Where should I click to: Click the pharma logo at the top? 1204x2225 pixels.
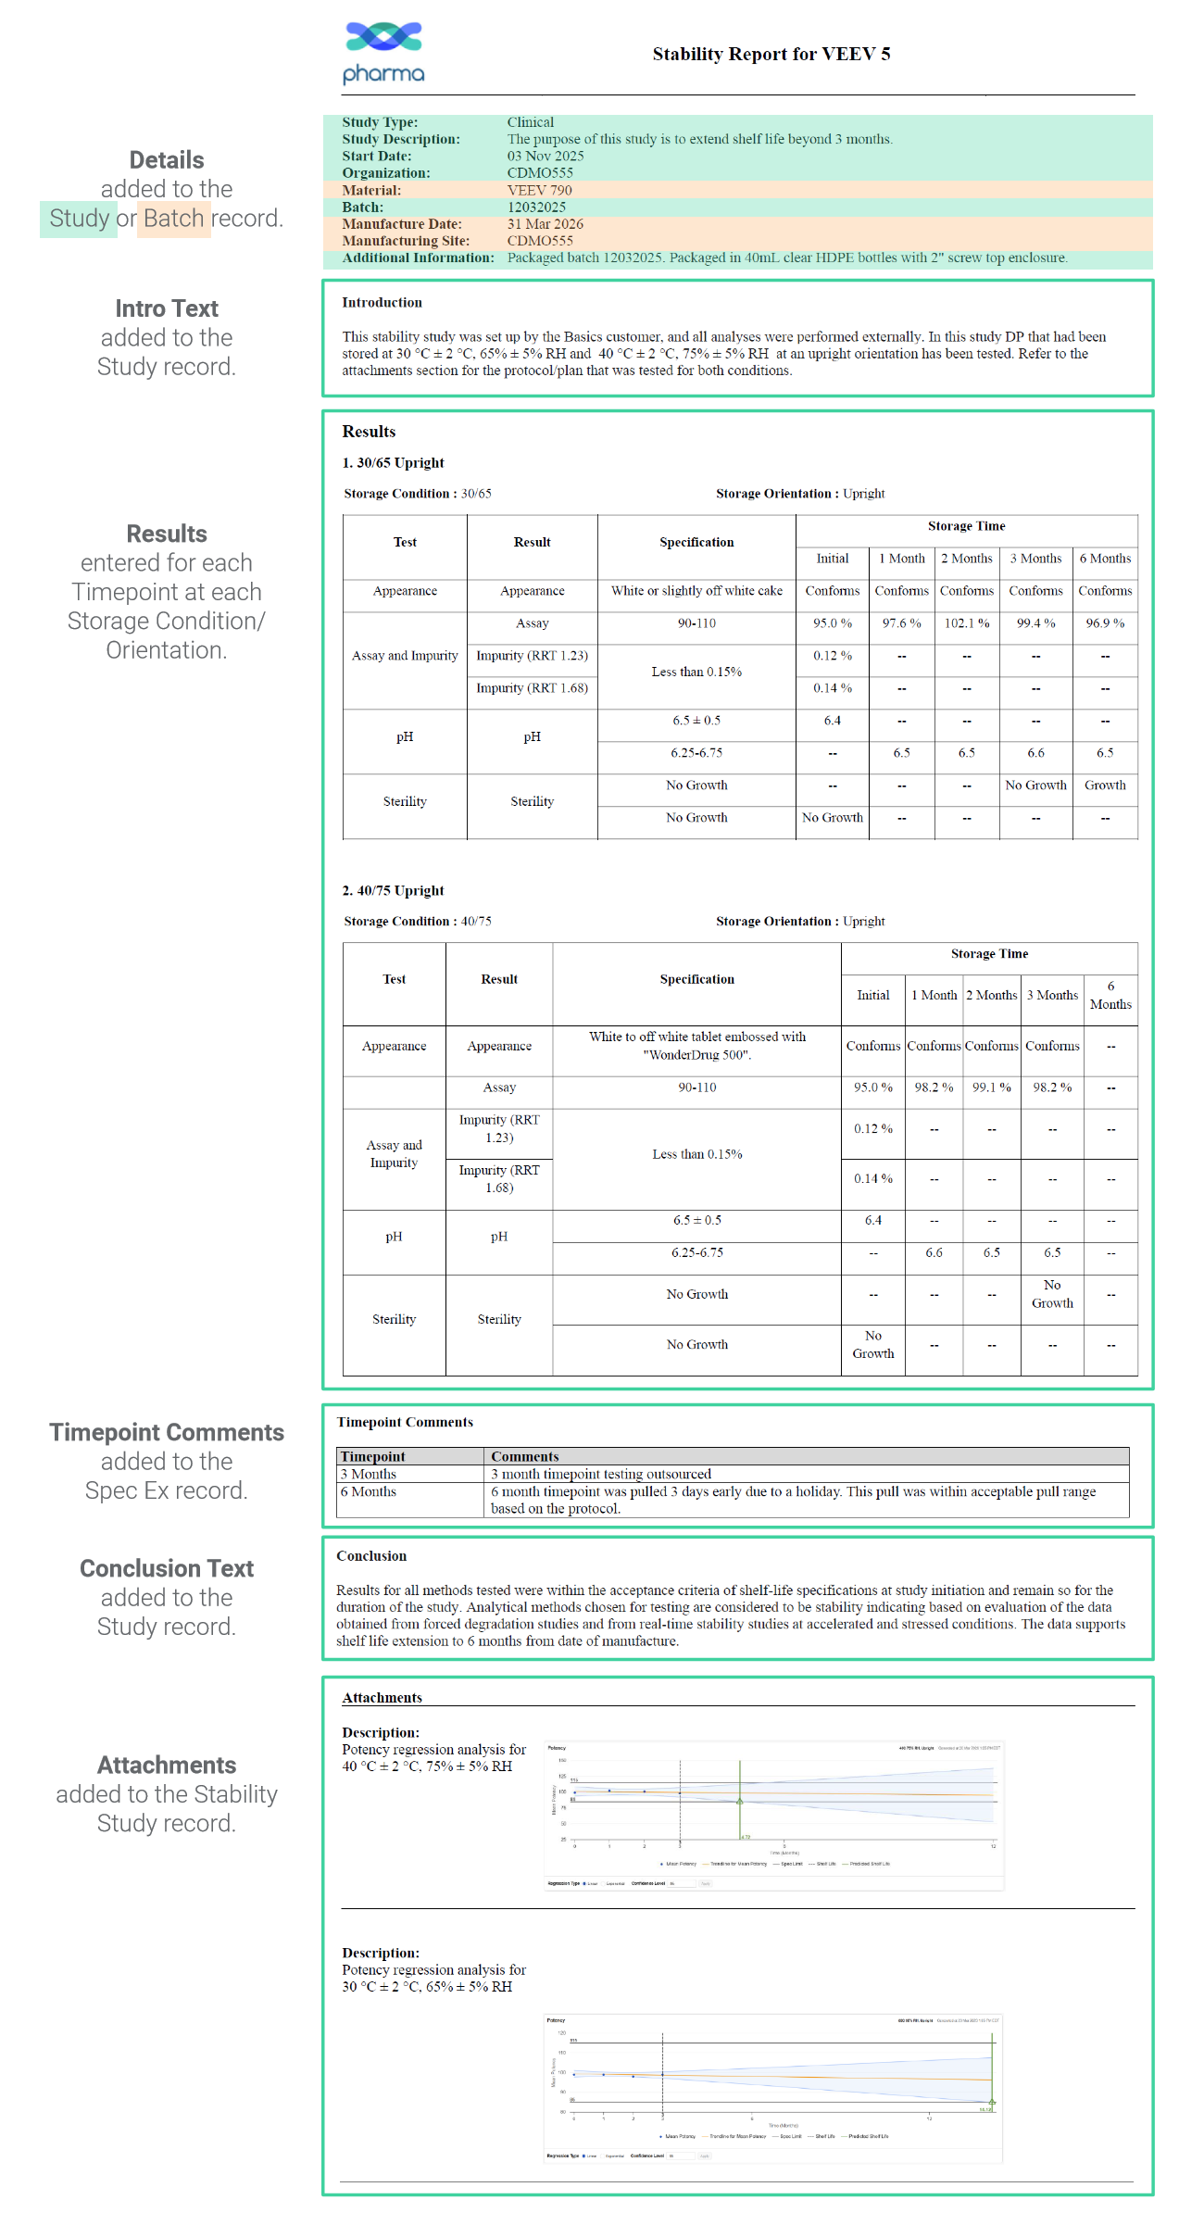click(383, 53)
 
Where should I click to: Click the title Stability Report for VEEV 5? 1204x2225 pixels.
click(771, 54)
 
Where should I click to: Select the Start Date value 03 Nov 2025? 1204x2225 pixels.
click(545, 156)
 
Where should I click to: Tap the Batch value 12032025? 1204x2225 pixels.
click(536, 207)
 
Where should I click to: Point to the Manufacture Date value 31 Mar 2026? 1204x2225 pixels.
click(545, 223)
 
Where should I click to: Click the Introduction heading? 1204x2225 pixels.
click(382, 302)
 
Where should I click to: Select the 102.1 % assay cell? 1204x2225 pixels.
click(966, 623)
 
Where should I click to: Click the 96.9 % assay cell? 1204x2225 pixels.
click(1105, 623)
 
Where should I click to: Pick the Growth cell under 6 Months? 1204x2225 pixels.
click(1105, 785)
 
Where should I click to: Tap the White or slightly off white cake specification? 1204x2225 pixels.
click(696, 591)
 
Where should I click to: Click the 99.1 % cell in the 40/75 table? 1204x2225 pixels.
click(991, 1087)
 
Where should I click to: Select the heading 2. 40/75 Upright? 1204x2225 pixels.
click(393, 890)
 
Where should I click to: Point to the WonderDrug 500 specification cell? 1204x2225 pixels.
click(696, 1046)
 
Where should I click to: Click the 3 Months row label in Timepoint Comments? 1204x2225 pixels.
click(369, 1474)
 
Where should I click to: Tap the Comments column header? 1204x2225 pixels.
click(524, 1456)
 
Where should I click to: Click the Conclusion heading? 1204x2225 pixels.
click(371, 1555)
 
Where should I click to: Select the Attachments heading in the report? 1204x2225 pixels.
click(382, 1697)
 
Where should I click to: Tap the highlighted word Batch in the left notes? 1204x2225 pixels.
click(173, 219)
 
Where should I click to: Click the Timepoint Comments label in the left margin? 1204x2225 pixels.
click(167, 1432)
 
